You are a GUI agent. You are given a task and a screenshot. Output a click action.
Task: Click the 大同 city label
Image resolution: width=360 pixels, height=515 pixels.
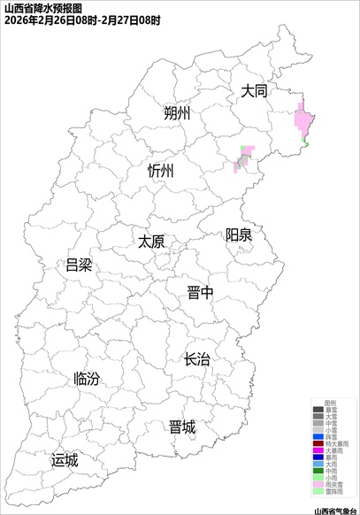pyautogui.click(x=254, y=91)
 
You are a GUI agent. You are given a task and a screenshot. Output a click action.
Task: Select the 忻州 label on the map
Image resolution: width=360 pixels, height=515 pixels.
pyautogui.click(x=162, y=171)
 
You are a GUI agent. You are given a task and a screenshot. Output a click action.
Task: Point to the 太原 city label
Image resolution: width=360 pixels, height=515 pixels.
pyautogui.click(x=151, y=241)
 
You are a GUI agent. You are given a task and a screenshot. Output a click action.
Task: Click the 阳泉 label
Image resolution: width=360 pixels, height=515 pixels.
pyautogui.click(x=238, y=234)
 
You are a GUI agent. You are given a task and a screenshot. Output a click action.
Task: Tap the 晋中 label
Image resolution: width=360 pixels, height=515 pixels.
pyautogui.click(x=200, y=294)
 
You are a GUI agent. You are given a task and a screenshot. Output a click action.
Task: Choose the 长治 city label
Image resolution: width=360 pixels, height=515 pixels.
pyautogui.click(x=196, y=359)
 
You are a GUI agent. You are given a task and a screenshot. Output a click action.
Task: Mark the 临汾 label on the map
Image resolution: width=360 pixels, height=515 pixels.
pyautogui.click(x=87, y=379)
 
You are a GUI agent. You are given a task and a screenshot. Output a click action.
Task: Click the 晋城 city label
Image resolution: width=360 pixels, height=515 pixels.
pyautogui.click(x=181, y=427)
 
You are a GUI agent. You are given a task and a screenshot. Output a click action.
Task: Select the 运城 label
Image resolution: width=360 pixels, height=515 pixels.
pyautogui.click(x=65, y=460)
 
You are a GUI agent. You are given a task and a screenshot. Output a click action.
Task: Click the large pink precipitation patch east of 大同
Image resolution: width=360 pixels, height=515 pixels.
pyautogui.click(x=303, y=118)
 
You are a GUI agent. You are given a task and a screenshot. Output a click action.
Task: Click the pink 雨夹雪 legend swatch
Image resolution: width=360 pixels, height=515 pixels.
pyautogui.click(x=318, y=485)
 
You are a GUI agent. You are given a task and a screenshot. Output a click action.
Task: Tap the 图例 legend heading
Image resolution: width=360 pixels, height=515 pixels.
pyautogui.click(x=331, y=402)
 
